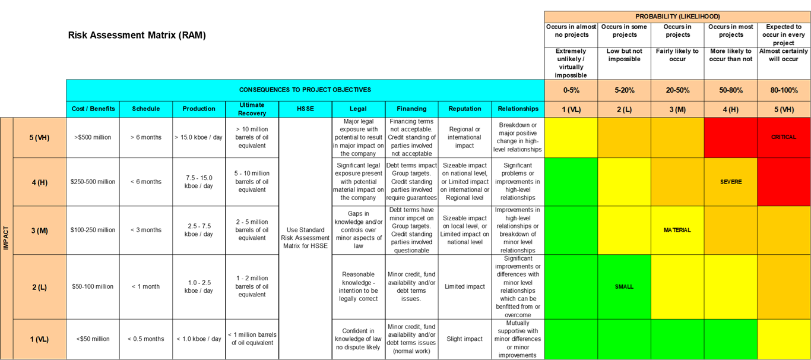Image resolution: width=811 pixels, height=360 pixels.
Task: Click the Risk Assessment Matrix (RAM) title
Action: tap(137, 35)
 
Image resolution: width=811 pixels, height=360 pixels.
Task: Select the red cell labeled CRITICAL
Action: tap(784, 137)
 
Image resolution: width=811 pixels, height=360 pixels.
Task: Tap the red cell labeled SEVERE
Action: tap(731, 182)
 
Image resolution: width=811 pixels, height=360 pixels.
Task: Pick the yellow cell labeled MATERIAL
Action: tap(677, 230)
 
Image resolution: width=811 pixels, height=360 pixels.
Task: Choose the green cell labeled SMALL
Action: tap(624, 286)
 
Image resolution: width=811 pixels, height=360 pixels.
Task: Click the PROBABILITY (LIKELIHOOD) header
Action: tap(677, 17)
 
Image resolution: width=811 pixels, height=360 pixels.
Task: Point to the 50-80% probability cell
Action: tap(731, 90)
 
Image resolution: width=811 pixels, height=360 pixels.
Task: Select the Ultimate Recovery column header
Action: tap(252, 109)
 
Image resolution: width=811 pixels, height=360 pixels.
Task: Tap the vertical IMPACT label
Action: tap(6, 238)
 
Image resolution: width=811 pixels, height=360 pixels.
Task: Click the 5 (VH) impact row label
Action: tap(39, 137)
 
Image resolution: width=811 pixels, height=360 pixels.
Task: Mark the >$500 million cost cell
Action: tap(93, 137)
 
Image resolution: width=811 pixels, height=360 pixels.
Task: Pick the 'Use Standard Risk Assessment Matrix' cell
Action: tap(305, 238)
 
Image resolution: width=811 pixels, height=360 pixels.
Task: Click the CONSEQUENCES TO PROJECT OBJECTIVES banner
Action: tap(305, 90)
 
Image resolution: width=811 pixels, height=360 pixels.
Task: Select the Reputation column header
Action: tap(465, 109)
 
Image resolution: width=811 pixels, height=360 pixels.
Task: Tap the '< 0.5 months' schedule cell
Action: tap(145, 339)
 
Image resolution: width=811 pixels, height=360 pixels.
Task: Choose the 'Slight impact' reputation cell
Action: tap(465, 339)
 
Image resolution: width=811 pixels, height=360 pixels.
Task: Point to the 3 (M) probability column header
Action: tap(677, 109)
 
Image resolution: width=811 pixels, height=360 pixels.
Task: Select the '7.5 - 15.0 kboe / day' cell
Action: tap(199, 182)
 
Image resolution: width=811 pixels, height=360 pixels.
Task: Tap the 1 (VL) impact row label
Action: tap(39, 339)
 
